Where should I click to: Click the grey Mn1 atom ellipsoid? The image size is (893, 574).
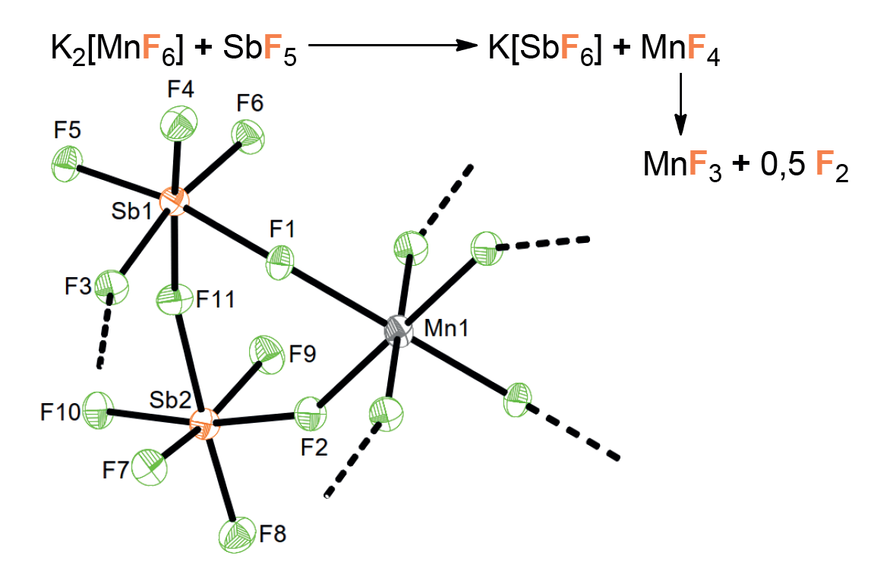(398, 330)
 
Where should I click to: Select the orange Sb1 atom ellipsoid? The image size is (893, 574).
(173, 200)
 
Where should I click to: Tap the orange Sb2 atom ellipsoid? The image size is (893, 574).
(204, 424)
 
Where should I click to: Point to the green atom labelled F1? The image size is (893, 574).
(280, 263)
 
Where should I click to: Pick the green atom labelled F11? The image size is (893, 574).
(175, 299)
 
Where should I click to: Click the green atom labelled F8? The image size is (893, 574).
(236, 535)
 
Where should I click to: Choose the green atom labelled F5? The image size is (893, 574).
(67, 163)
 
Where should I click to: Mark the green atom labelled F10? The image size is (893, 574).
(99, 410)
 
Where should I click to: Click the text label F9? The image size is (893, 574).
(302, 354)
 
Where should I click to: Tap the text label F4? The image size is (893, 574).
(181, 90)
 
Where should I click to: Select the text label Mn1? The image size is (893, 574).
(446, 328)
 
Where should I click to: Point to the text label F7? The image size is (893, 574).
(115, 471)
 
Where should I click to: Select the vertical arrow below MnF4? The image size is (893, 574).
(680, 103)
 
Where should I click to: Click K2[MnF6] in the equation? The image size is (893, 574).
(117, 49)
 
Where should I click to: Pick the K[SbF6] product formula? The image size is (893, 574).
(544, 49)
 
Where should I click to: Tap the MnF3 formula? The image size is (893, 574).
(682, 166)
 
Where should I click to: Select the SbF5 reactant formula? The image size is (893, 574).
(260, 49)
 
